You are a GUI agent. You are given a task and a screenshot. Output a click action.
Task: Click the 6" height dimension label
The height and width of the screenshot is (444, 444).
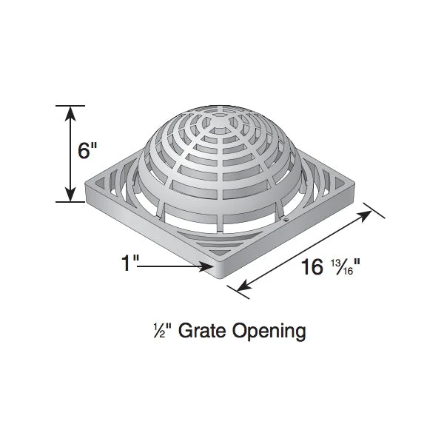click(87, 151)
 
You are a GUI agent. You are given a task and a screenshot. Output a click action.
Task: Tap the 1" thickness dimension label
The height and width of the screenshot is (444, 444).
click(130, 263)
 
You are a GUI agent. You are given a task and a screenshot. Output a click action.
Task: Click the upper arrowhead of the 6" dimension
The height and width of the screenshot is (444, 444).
click(70, 112)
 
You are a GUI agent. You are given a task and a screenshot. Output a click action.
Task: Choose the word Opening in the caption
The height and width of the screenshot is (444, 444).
click(269, 332)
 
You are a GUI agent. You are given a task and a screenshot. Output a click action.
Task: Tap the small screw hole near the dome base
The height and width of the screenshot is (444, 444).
click(285, 219)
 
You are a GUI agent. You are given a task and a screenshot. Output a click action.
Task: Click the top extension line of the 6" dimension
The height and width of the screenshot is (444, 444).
click(70, 106)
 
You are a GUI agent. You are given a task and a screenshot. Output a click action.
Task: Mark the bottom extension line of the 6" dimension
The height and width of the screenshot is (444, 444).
click(70, 201)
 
